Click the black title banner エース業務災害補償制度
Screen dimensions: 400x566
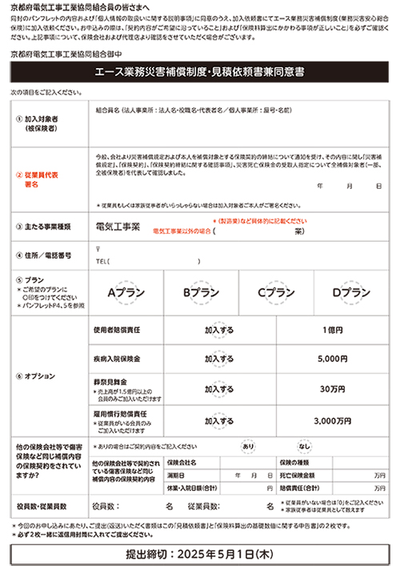tap(199, 72)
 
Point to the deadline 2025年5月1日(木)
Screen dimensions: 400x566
tap(199, 553)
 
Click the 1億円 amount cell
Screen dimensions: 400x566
tap(332, 329)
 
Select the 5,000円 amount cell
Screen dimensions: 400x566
tap(332, 359)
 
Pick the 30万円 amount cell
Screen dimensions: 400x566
tap(332, 389)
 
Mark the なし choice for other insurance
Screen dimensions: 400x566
tap(305, 445)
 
